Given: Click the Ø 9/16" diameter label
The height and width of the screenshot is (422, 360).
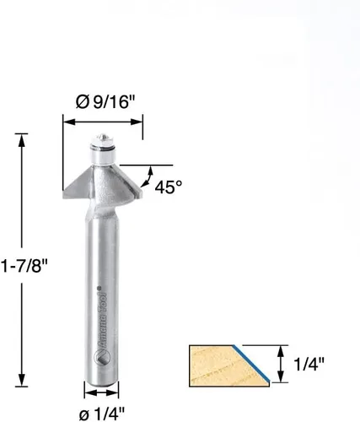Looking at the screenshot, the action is click(105, 102).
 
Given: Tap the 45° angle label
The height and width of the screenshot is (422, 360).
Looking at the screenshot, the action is click(169, 187).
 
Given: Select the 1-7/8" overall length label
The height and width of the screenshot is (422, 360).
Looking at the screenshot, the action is click(24, 266).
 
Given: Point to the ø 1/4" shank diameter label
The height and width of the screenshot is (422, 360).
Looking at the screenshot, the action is click(102, 414).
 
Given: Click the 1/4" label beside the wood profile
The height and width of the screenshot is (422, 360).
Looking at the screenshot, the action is click(309, 364).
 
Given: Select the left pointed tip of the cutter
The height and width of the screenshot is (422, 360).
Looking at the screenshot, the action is click(63, 193).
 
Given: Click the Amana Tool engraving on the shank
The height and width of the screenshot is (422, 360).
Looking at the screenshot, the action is click(100, 319).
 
